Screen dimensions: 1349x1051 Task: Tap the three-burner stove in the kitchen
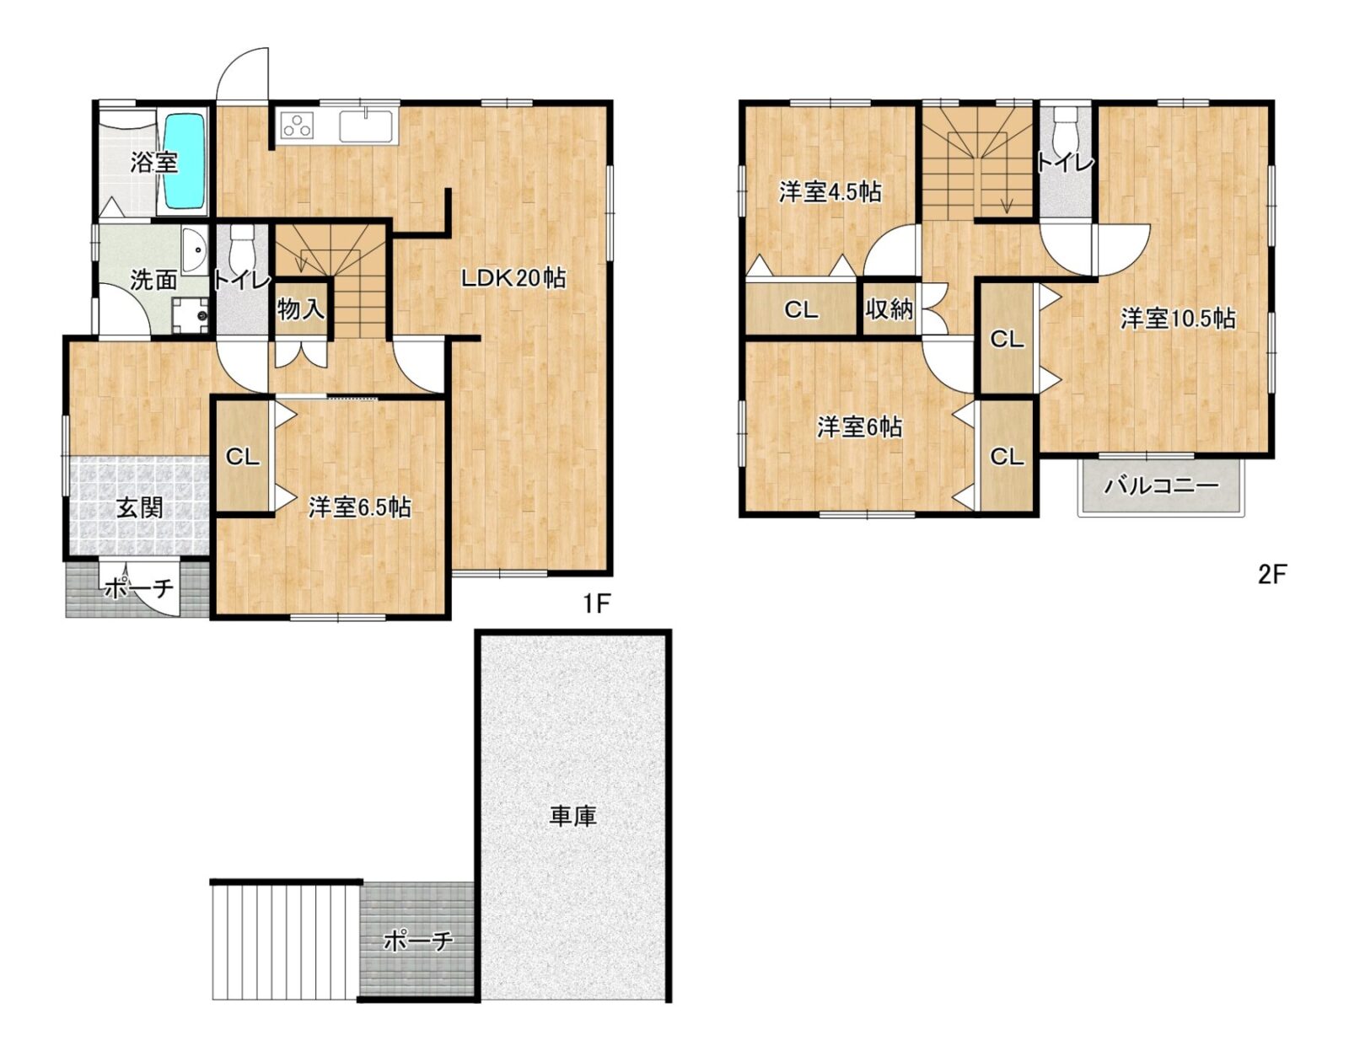[x=297, y=126]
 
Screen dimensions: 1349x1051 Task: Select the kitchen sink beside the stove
[x=366, y=126]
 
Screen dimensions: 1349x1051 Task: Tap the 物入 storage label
[x=300, y=308]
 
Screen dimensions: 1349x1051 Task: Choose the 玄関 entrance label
[x=141, y=507]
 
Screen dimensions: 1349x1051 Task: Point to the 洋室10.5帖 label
[x=1178, y=319]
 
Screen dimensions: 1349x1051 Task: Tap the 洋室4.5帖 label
[x=830, y=192]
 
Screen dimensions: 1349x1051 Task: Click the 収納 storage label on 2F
[x=889, y=308]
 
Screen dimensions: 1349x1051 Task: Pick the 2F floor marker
[x=1270, y=575]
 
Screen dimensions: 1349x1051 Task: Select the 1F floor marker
[x=597, y=603]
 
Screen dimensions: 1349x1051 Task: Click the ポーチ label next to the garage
[x=418, y=941]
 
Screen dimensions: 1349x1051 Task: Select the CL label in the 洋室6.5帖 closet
[x=242, y=458]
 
